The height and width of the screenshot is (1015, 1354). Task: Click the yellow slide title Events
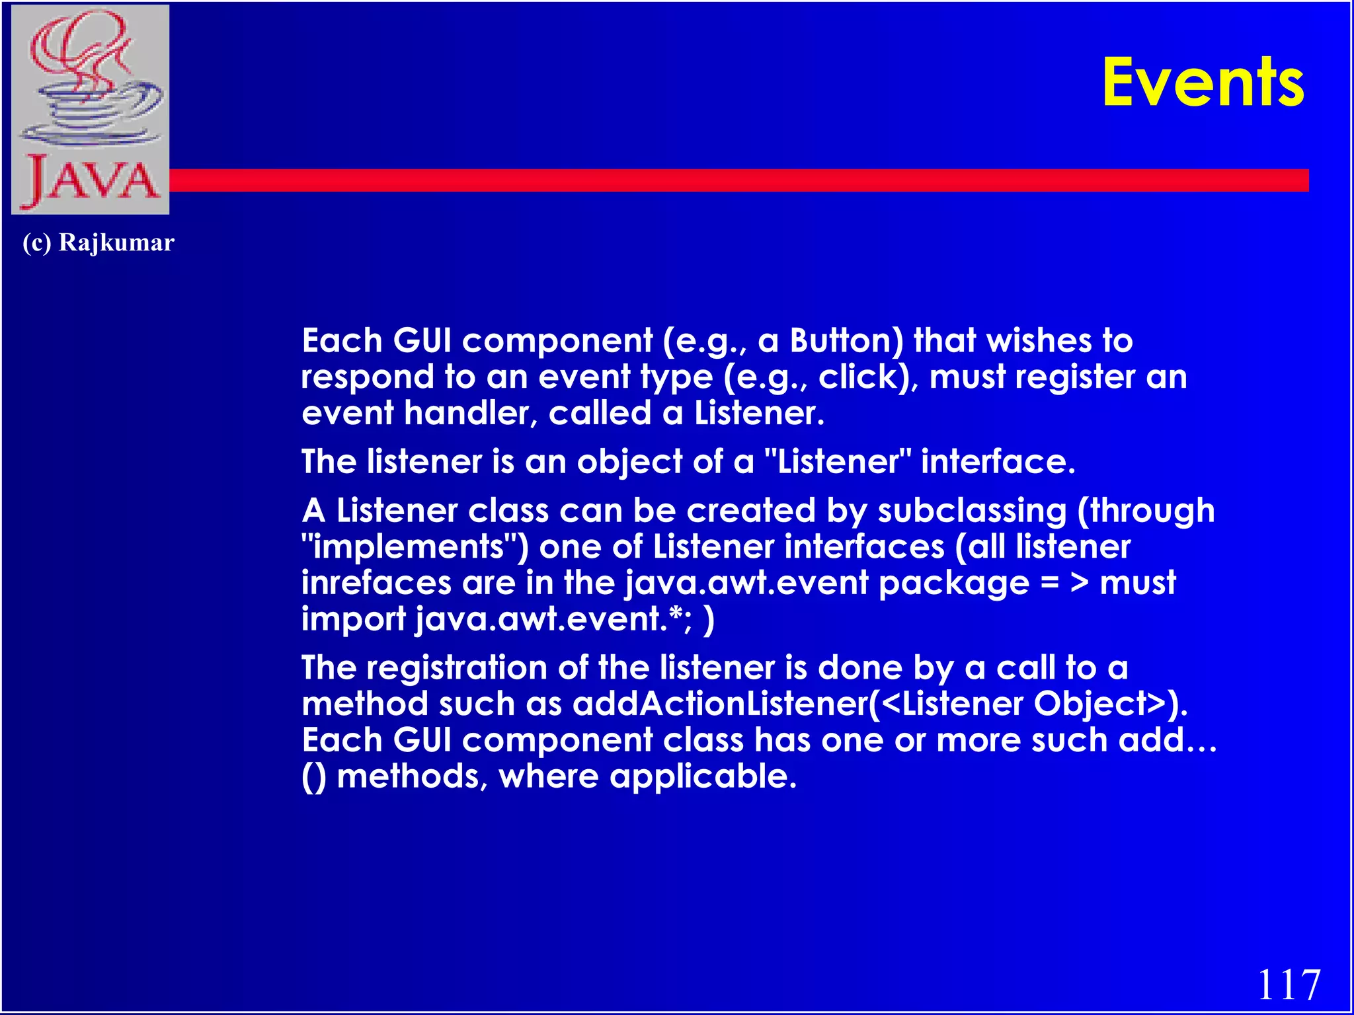tap(1203, 83)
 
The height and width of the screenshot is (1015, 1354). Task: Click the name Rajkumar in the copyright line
tap(116, 243)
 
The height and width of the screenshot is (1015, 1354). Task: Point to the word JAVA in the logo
tap(91, 180)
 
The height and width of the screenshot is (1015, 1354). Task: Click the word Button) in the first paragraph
tap(846, 341)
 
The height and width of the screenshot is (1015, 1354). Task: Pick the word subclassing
tap(972, 511)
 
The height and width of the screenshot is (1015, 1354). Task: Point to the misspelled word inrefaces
tap(376, 583)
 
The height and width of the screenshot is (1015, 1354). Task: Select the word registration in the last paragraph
tap(457, 667)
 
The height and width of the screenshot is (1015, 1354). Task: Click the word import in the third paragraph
tap(353, 619)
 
